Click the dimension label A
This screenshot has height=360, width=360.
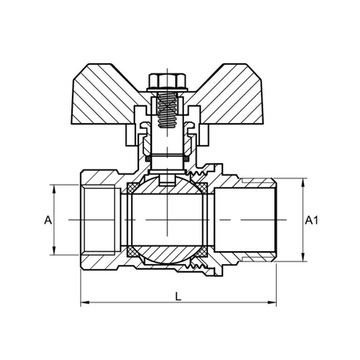tap(48, 219)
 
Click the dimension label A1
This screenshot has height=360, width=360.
tap(314, 219)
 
